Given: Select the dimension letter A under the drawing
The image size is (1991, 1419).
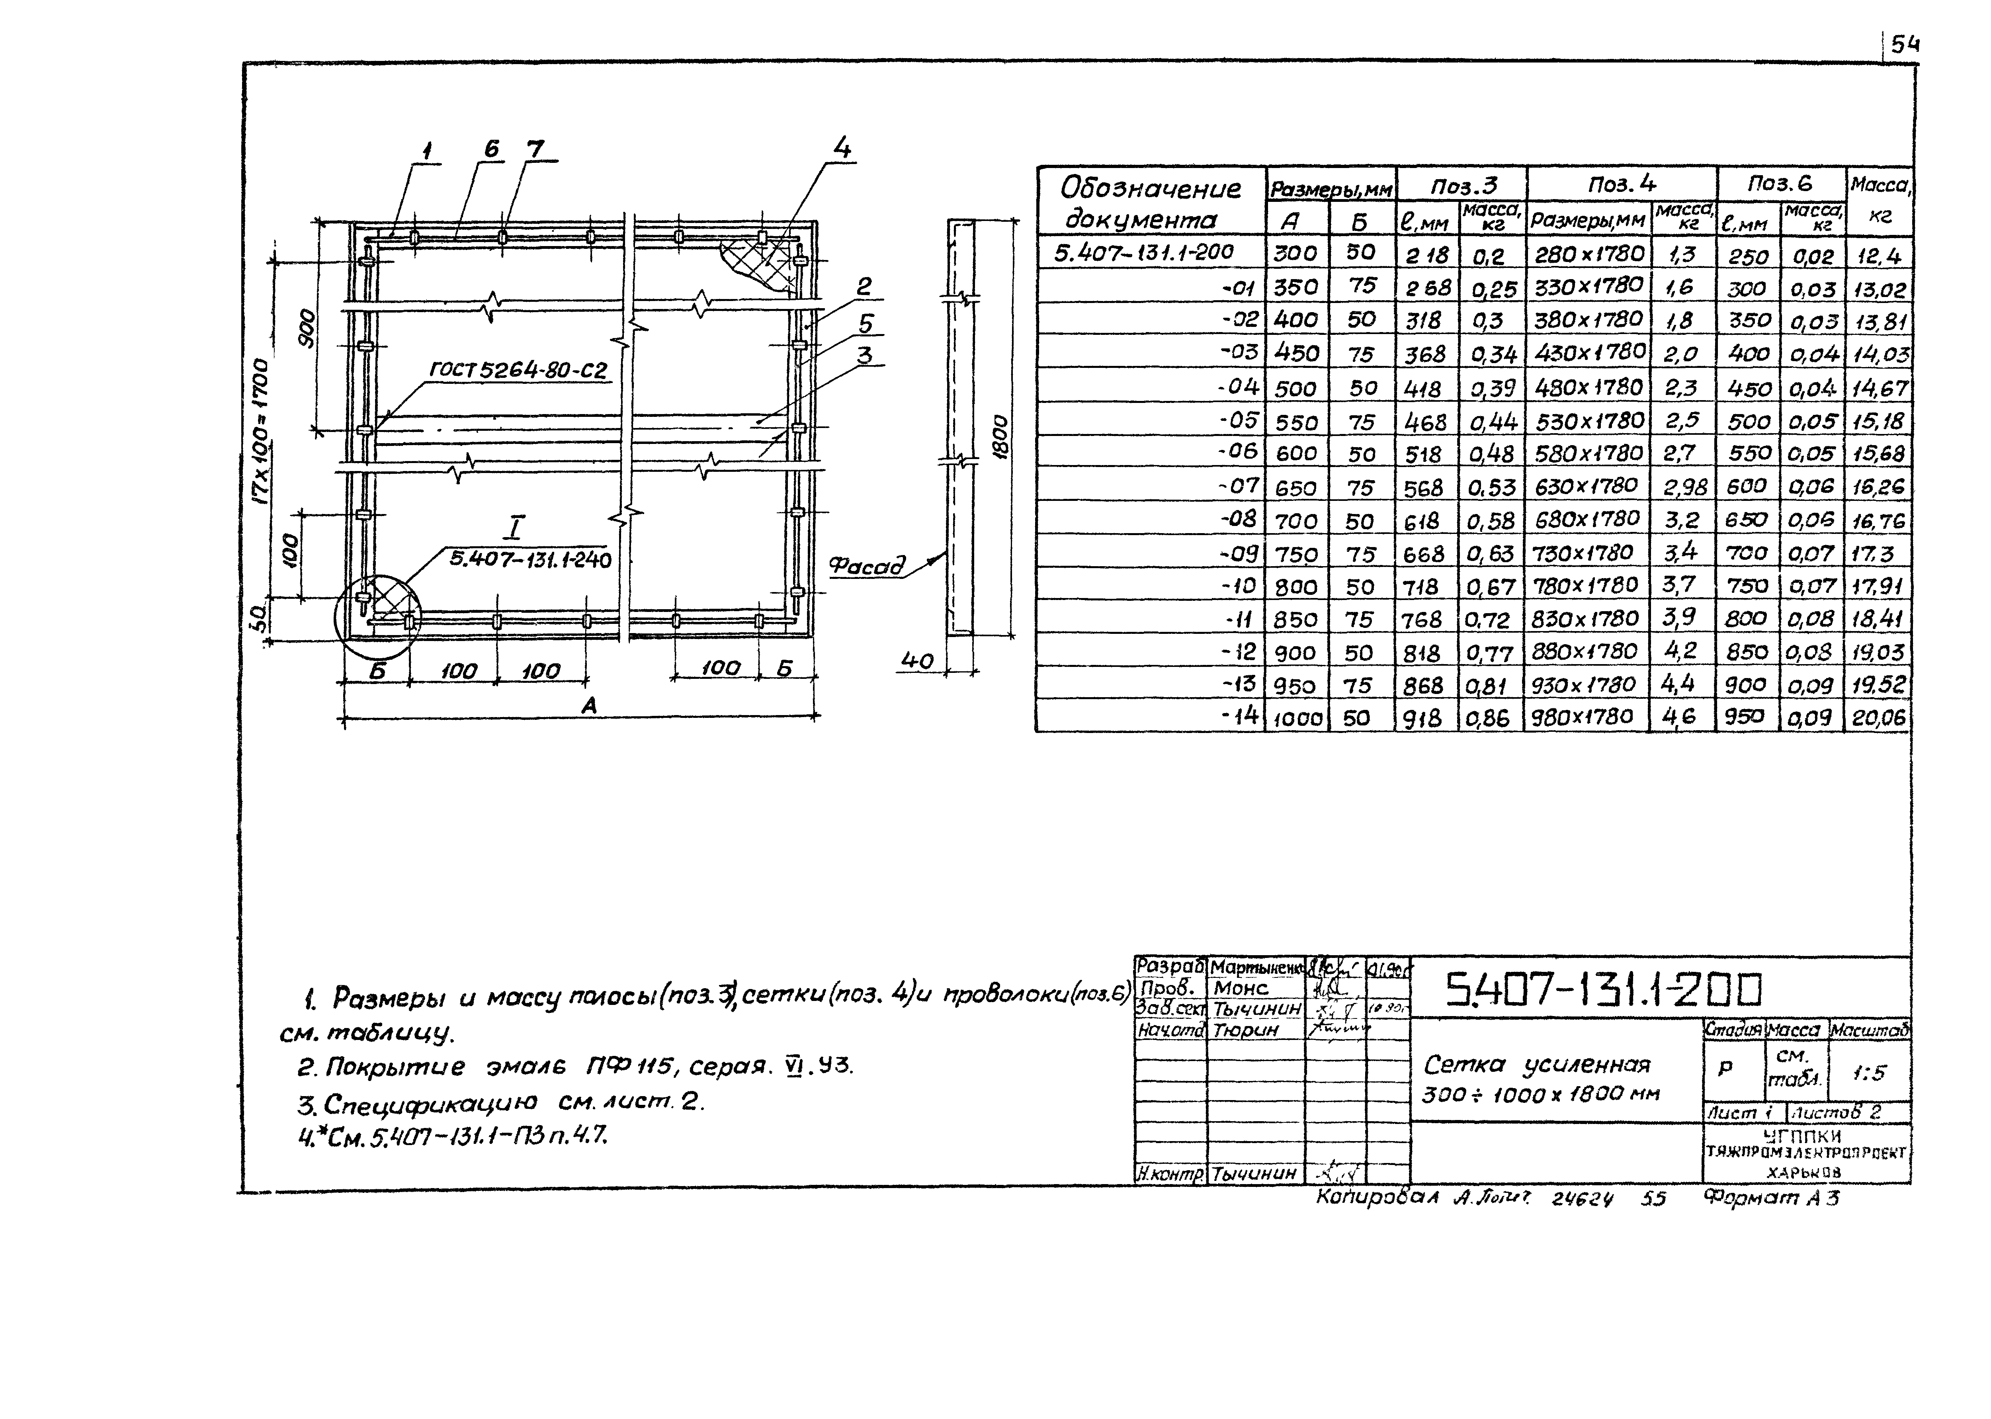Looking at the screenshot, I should click(590, 705).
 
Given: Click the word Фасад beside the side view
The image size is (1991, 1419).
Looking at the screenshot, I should click(867, 566).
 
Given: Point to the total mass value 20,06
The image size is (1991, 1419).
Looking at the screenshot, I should click(1878, 718).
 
